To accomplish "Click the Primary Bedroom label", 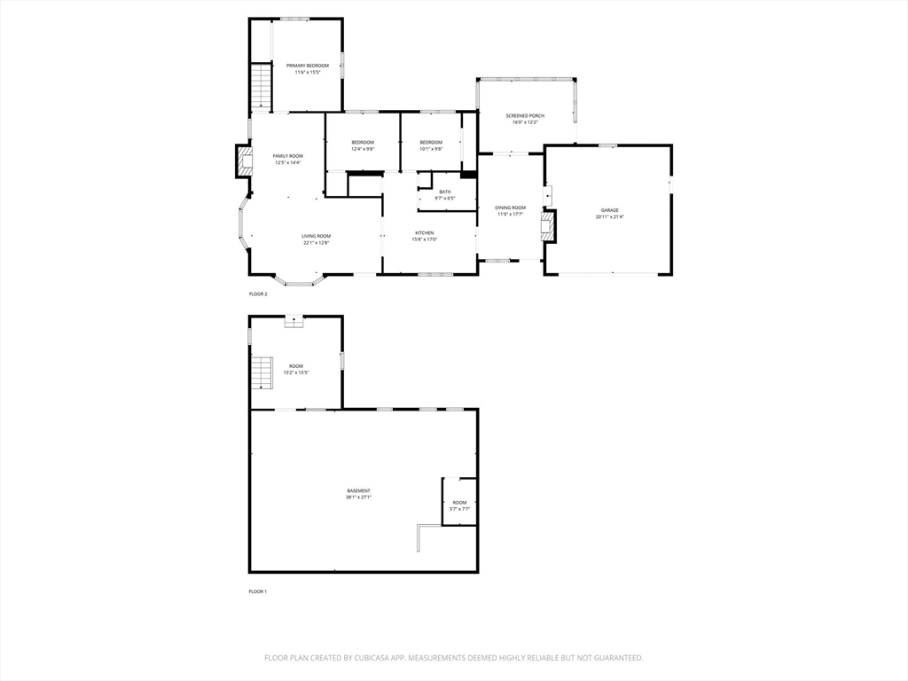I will (x=307, y=66).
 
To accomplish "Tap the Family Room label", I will (x=287, y=156).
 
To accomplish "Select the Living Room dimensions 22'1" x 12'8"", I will (x=316, y=243).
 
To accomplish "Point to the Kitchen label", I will (x=425, y=233).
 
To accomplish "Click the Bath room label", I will (x=444, y=192).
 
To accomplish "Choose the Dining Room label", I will (x=510, y=207).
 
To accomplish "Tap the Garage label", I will (x=609, y=210).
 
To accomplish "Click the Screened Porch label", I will (x=525, y=116).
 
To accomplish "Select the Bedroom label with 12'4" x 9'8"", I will (x=363, y=143).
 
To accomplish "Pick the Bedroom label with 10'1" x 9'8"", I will (x=431, y=143).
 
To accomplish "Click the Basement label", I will (x=358, y=490).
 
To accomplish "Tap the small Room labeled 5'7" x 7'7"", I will (x=459, y=503).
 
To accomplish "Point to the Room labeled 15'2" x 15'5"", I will (x=295, y=366).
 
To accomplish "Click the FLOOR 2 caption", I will (x=257, y=294).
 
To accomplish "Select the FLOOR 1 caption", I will (x=257, y=591).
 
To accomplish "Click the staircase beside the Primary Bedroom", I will (x=260, y=86).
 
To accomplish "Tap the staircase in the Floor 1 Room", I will (x=261, y=372).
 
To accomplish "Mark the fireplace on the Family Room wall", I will (x=243, y=160).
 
